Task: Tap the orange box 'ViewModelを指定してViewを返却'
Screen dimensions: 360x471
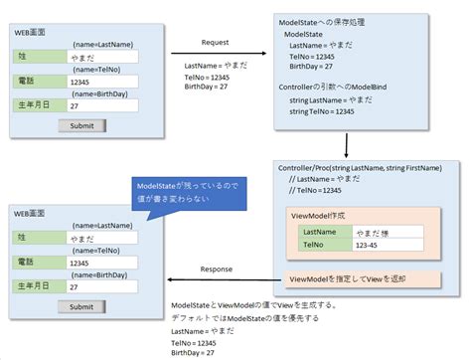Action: pyautogui.click(x=348, y=279)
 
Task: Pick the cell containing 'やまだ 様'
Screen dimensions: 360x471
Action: pyautogui.click(x=388, y=232)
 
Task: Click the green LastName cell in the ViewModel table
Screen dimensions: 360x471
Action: pyautogui.click(x=326, y=232)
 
